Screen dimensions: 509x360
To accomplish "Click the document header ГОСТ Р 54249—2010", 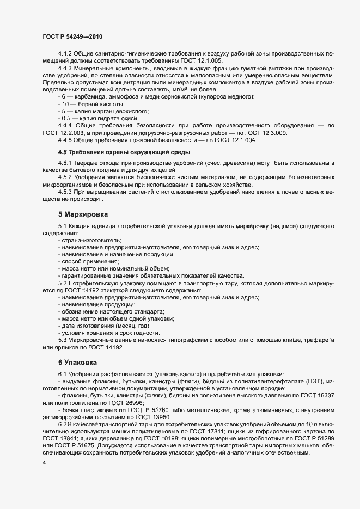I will coord(72,36).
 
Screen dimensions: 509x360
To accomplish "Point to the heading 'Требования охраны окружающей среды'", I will coord(124,151).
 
